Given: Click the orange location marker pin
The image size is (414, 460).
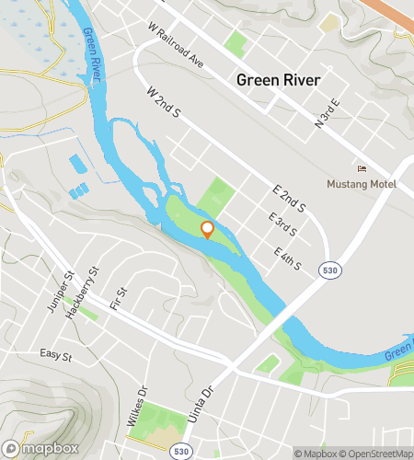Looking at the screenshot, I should (207, 229).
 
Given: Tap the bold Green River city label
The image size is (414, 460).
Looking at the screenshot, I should (279, 80).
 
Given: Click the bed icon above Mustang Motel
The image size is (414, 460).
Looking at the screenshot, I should (362, 168).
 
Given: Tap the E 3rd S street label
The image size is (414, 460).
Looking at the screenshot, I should (283, 226).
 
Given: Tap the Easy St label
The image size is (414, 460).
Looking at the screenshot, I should (55, 353).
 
